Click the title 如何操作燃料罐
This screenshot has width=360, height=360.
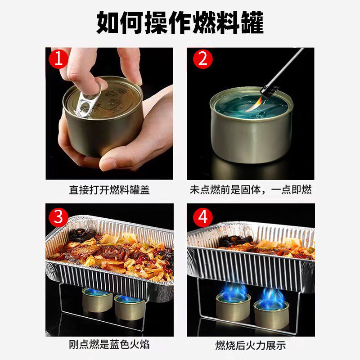coord(180,22)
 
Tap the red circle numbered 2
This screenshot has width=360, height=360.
coord(202,59)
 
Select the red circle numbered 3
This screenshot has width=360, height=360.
coord(58,217)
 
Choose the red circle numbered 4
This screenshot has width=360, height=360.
coord(202,218)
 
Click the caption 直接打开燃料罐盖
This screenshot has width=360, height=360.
coord(109,190)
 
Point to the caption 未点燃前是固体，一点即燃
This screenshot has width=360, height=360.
coord(250,190)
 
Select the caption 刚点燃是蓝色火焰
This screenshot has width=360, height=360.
coord(109,345)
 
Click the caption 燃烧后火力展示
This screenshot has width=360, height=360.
coord(250,345)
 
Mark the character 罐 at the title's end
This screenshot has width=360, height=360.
coord(252,22)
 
